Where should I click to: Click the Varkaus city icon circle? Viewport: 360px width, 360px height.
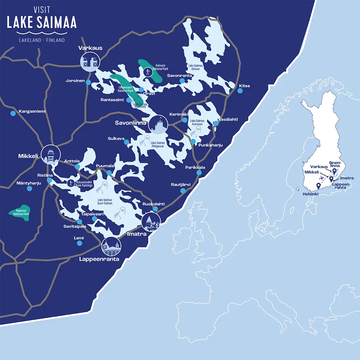click(x=90, y=62)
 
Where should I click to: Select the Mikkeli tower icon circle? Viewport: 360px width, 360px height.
click(x=50, y=155)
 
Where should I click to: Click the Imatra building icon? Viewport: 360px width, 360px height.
click(x=151, y=222)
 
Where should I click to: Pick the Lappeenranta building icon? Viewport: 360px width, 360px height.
click(x=112, y=247)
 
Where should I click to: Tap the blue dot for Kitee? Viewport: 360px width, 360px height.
click(x=240, y=91)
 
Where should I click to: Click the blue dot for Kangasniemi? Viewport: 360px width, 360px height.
click(x=13, y=113)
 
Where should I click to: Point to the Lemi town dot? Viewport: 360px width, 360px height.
click(x=80, y=243)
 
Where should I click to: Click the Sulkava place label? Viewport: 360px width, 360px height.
click(x=116, y=138)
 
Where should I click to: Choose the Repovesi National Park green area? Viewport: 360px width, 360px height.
click(x=19, y=212)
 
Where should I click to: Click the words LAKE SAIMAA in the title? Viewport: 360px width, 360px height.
click(x=42, y=22)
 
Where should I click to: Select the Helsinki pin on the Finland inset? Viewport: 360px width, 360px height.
click(x=318, y=186)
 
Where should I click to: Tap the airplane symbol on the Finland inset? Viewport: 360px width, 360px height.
click(x=321, y=178)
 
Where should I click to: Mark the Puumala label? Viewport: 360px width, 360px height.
click(x=105, y=166)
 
